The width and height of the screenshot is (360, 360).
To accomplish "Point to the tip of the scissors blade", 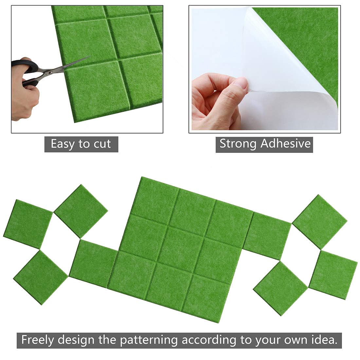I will point(89,57).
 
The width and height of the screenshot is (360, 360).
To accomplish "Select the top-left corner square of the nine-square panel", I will point(155,196).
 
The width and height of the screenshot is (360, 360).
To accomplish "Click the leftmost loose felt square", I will point(27,224).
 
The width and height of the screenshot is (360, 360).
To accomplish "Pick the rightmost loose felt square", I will point(333,275).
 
